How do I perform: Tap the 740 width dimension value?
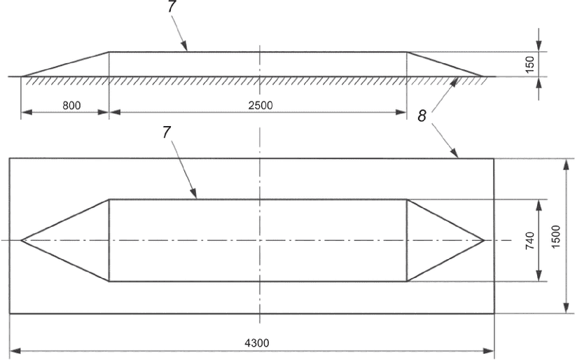pyautogui.click(x=530, y=240)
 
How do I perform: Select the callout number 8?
pyautogui.click(x=422, y=116)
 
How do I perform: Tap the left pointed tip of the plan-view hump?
pyautogui.click(x=22, y=240)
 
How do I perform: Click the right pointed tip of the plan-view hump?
pyautogui.click(x=484, y=240)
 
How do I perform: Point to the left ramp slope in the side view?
pyautogui.click(x=65, y=64)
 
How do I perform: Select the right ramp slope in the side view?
pyautogui.click(x=445, y=64)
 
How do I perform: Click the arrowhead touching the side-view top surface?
pyautogui.click(x=186, y=48)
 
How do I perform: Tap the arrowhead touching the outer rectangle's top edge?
pyautogui.click(x=455, y=155)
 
